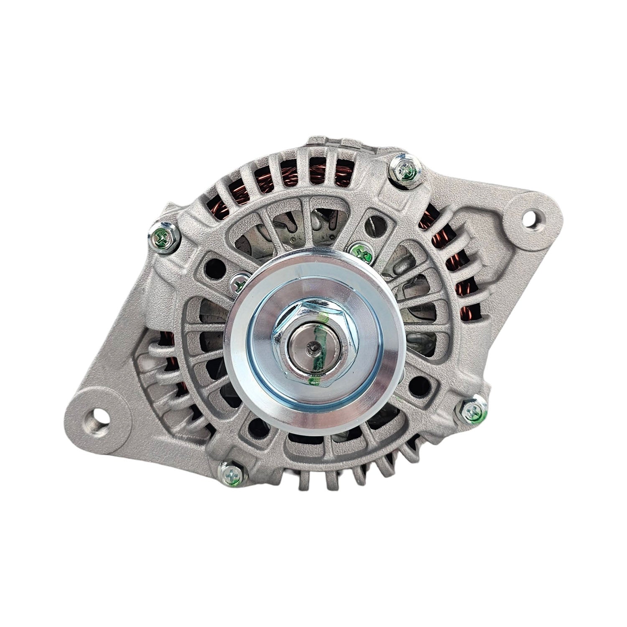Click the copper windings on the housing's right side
[x=460, y=268]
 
